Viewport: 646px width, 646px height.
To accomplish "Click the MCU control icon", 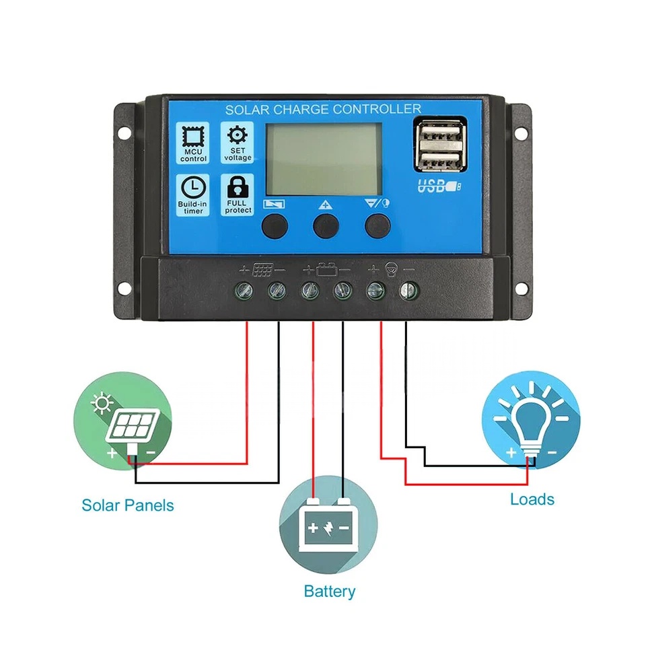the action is click(193, 136).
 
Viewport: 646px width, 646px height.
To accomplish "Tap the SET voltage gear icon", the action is click(238, 135).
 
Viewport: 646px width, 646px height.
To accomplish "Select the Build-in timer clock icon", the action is click(193, 188).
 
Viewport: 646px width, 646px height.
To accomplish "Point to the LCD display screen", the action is click(324, 159).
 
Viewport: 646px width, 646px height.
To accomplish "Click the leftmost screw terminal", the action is click(244, 291).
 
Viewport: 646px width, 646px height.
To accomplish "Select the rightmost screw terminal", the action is click(409, 291).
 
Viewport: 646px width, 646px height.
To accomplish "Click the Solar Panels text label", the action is click(128, 505).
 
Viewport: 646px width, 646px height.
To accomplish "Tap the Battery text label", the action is click(329, 591).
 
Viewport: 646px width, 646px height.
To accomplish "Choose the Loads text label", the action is click(532, 499).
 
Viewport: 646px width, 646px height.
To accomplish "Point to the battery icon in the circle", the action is click(328, 525).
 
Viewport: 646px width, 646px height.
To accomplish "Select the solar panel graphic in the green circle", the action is click(133, 427).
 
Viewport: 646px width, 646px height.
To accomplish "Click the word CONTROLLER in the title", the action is click(377, 109).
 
